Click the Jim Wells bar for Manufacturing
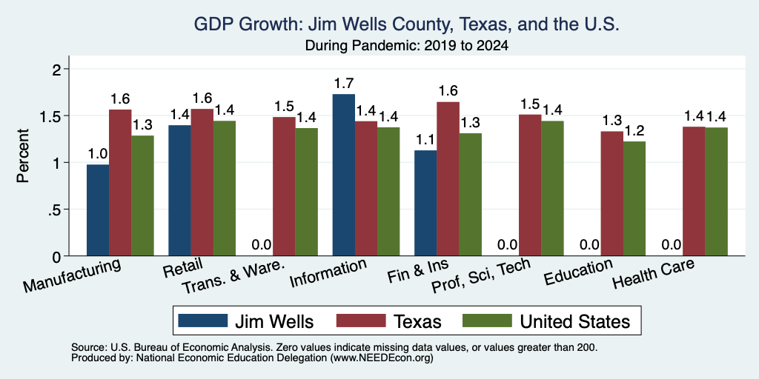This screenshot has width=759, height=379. (x=98, y=210)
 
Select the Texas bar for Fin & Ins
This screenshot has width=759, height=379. (x=448, y=179)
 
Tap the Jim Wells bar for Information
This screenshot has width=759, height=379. (x=344, y=175)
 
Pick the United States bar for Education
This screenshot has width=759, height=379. (x=634, y=198)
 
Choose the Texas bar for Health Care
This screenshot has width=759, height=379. (x=694, y=192)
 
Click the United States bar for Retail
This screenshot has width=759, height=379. (x=225, y=189)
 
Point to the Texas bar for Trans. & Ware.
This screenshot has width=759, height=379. (x=284, y=187)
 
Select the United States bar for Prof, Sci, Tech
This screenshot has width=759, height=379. (x=552, y=189)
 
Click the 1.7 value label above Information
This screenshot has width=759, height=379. (x=344, y=84)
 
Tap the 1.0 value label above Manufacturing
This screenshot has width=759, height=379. (x=97, y=155)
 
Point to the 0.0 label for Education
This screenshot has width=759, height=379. (x=589, y=244)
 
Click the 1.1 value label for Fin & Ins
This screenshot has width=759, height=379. (x=425, y=140)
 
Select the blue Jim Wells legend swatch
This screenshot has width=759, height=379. (x=203, y=321)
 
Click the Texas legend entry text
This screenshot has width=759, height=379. (x=417, y=321)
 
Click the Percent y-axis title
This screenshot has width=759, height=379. (x=23, y=155)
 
